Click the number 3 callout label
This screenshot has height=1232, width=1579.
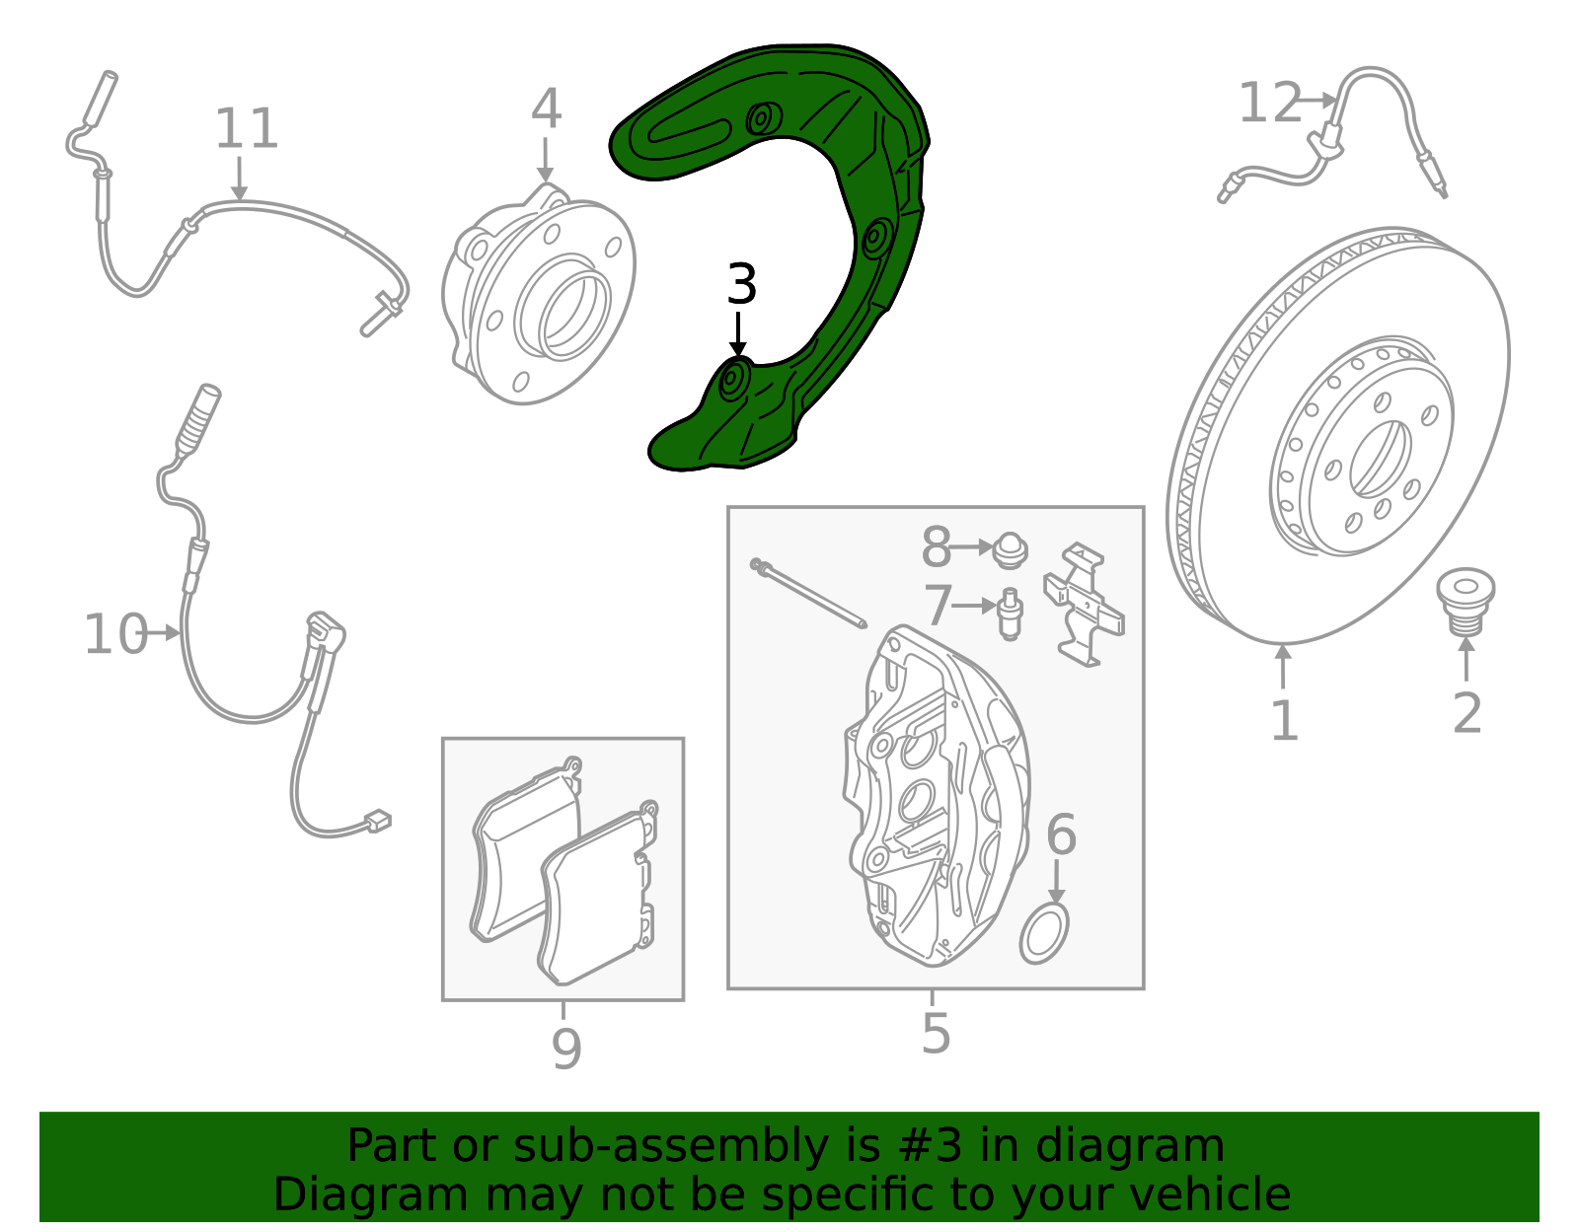pos(741,284)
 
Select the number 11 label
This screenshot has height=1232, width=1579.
pos(247,129)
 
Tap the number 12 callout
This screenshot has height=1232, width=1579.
pos(1269,103)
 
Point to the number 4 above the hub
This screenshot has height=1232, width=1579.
pos(546,109)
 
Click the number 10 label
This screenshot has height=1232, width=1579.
pos(116,634)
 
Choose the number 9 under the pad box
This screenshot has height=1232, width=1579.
pos(566,1049)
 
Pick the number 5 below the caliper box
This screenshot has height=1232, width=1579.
pos(936,1033)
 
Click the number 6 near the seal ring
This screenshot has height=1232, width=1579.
pos(1061,834)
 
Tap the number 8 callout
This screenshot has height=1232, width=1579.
pos(936,546)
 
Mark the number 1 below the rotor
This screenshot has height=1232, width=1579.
pos(1284,720)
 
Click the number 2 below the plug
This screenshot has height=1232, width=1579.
pos(1466,713)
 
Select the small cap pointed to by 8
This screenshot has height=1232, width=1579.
pos(1010,550)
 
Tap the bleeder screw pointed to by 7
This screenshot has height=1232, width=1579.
pos(1009,614)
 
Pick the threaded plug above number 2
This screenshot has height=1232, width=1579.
pos(1465,601)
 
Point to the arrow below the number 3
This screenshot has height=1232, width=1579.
pos(738,334)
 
